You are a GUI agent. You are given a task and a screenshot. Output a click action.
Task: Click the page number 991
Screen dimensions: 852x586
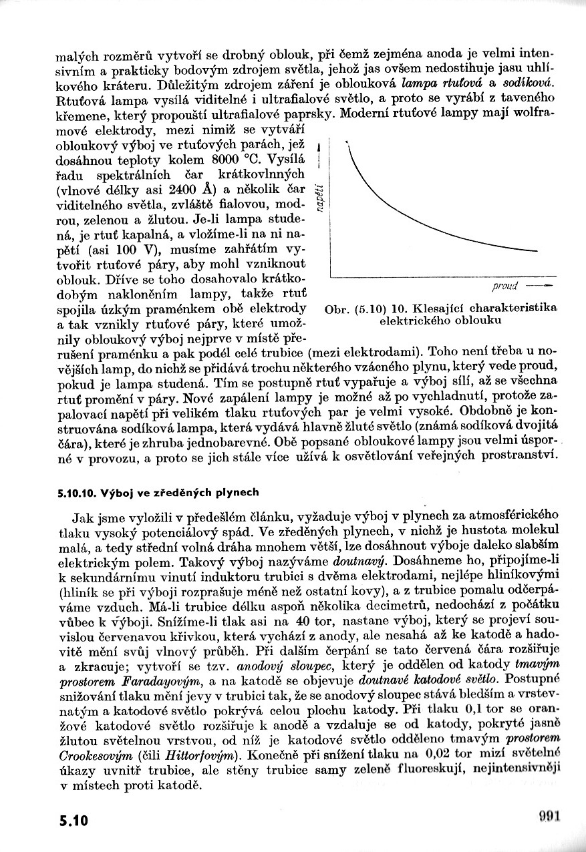pos(549,815)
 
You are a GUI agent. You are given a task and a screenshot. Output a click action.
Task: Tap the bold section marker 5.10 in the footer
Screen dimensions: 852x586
pos(73,820)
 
